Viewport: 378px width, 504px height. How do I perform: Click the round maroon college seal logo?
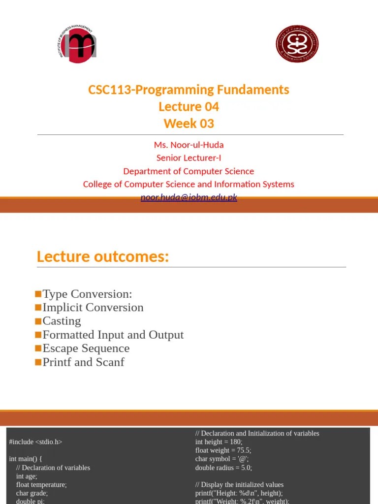tap(296, 44)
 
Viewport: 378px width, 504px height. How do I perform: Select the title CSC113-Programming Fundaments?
tap(189, 90)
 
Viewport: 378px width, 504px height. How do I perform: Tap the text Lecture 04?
tap(189, 107)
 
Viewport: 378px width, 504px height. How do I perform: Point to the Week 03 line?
tap(189, 124)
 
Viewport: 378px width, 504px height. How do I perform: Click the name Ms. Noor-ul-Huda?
tap(189, 145)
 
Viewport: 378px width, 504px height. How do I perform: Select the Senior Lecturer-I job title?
tap(189, 158)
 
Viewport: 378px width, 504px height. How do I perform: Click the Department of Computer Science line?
tap(189, 171)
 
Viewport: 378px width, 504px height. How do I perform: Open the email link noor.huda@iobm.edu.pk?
tap(189, 197)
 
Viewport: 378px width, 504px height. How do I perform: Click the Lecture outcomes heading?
tap(103, 257)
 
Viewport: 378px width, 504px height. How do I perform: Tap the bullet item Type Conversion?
tap(88, 294)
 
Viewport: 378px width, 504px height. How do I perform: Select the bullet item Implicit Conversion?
tap(93, 308)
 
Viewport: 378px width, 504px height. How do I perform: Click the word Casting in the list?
tap(62, 321)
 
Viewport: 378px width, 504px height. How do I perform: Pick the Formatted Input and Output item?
tap(113, 335)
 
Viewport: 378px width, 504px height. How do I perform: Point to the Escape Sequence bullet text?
tap(86, 348)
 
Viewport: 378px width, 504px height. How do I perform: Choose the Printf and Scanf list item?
tap(84, 362)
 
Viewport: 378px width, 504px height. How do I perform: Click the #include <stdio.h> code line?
tap(35, 442)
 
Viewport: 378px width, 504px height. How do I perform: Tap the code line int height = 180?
tap(219, 442)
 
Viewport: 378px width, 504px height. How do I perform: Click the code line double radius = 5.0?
tap(223, 468)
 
